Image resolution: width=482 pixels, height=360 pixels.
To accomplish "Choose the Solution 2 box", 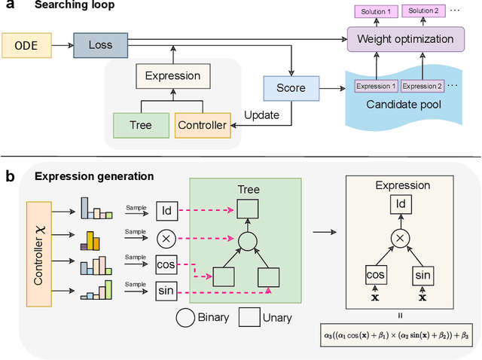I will tap(426, 11).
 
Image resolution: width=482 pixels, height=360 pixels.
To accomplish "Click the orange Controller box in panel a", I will tap(201, 124).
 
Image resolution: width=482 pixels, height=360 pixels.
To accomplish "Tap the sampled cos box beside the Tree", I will tap(166, 264).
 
